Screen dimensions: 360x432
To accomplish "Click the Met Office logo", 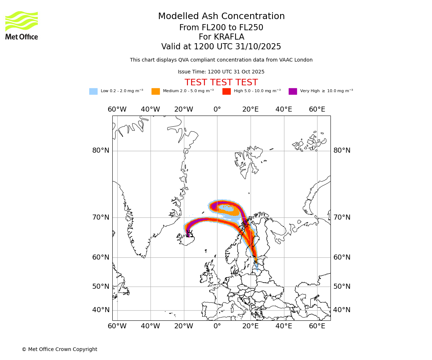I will coord(22,25).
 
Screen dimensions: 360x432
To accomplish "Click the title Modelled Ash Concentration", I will coord(221,16).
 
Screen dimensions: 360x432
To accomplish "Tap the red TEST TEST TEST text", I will coord(221,82).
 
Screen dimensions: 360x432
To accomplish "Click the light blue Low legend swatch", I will coord(93,91).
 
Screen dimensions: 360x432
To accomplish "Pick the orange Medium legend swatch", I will coord(156,91).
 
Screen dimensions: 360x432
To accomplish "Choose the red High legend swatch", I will coord(226,91).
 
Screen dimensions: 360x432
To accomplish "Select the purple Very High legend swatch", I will coord(293,91).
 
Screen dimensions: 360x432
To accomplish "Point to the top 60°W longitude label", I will coord(117,109).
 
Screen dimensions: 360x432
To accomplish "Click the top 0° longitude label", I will coord(217,109).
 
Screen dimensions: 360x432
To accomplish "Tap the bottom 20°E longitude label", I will coord(250,326).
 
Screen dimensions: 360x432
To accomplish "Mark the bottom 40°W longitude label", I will coord(150,326).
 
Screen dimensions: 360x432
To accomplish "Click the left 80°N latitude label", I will coord(101,150).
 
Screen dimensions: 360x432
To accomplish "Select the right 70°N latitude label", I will coord(342,217).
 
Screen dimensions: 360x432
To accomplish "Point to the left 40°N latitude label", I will coord(101,310).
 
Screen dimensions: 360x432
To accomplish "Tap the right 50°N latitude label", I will coord(342,287).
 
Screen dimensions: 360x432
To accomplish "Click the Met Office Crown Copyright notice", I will coord(59,349).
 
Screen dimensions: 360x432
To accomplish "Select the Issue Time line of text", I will coord(221,72).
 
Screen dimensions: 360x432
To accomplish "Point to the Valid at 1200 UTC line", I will coord(221,47).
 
